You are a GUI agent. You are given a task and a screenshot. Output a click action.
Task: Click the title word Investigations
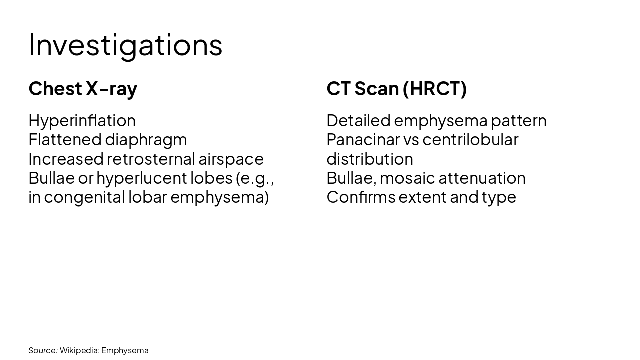(125, 45)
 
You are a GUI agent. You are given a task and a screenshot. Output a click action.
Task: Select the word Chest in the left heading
(55, 88)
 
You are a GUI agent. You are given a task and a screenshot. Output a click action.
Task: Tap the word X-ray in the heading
(111, 88)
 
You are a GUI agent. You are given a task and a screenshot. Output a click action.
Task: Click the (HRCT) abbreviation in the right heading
(434, 88)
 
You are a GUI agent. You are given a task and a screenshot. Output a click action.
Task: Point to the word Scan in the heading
(376, 88)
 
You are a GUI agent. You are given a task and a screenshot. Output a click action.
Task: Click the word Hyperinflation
(82, 121)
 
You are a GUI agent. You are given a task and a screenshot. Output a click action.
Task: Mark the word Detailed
(358, 120)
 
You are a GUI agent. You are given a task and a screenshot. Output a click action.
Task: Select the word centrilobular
(470, 139)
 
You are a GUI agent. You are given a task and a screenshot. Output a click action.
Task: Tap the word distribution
(370, 159)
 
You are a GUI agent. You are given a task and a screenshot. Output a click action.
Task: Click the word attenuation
(482, 178)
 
